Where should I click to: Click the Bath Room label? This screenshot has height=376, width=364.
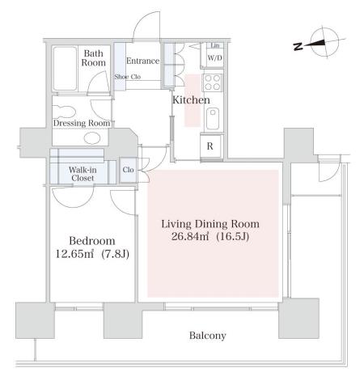[x=93, y=58]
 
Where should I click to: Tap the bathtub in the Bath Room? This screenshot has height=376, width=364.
[x=65, y=69]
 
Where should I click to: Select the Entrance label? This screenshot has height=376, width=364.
[x=142, y=61]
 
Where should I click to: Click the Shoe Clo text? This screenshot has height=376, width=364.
[x=128, y=77]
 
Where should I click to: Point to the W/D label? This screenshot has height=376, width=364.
[x=214, y=57]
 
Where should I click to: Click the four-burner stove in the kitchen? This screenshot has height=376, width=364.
[x=213, y=82]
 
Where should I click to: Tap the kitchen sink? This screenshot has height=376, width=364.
[x=213, y=119]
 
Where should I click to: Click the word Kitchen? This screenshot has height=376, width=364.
[x=191, y=100]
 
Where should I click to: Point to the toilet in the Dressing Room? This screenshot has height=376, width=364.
[x=64, y=112]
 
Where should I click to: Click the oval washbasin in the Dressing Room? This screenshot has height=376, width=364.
[x=92, y=138]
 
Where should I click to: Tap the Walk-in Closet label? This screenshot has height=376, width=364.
[x=83, y=174]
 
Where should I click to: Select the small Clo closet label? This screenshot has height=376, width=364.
[x=128, y=170]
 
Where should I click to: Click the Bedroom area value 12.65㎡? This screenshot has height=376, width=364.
[x=74, y=254]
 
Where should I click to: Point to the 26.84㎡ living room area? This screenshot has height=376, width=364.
[x=190, y=236]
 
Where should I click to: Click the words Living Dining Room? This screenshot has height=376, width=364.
[x=210, y=224]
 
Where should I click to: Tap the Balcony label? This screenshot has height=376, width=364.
[x=208, y=336]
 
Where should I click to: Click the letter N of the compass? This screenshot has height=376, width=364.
[x=298, y=46]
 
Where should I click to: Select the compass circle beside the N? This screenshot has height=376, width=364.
[x=324, y=29]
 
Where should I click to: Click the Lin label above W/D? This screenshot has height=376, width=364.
[x=215, y=45]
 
